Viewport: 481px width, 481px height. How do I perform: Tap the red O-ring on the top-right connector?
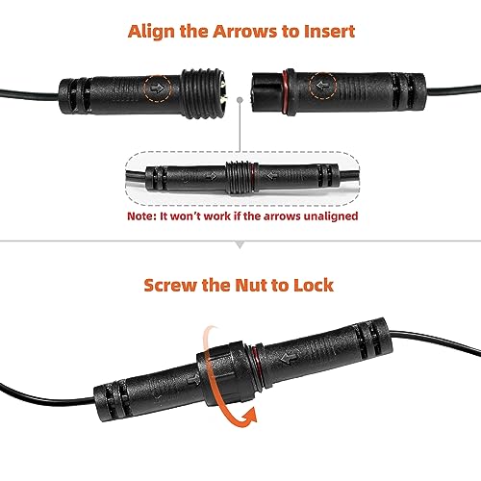(x=284, y=89)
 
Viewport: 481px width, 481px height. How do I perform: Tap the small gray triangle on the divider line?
(x=240, y=246)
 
